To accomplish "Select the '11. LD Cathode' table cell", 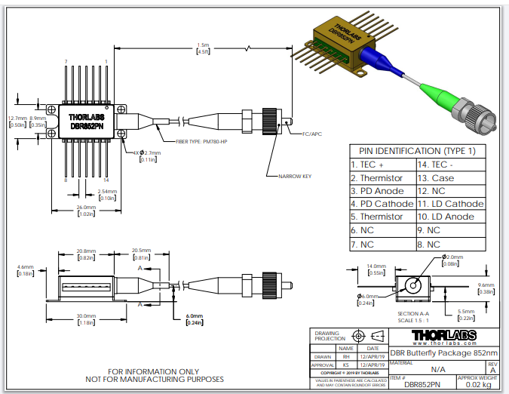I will point(449,204).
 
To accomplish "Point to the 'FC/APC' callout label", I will point(312,134).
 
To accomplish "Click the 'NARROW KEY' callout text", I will point(296,176).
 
